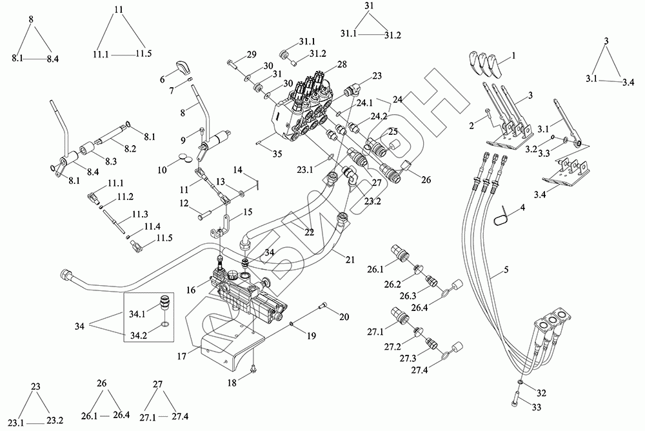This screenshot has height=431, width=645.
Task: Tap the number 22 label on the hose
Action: [310, 232]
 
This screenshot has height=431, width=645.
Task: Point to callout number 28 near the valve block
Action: [342, 64]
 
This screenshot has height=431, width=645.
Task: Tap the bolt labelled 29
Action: [232, 63]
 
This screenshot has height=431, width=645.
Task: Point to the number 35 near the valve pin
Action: [259, 154]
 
